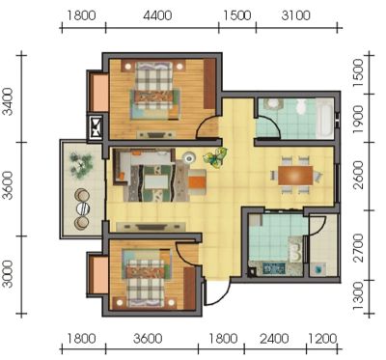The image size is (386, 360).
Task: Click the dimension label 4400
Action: (157, 15)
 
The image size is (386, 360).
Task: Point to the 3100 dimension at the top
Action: (295, 15)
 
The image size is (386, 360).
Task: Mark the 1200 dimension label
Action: (322, 339)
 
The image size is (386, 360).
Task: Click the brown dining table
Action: (295, 176)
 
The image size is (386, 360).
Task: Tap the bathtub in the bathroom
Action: (325, 118)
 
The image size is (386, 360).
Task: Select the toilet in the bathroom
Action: (301, 106)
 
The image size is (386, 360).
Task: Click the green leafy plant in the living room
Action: (215, 157)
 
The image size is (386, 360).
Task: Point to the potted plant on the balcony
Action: (81, 165)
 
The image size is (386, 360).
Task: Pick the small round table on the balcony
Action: (83, 208)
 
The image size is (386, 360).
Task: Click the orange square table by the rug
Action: (197, 182)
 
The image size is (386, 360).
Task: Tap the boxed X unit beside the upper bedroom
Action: (96, 127)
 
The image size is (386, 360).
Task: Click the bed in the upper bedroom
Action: (155, 90)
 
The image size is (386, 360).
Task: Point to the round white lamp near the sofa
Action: (189, 157)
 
